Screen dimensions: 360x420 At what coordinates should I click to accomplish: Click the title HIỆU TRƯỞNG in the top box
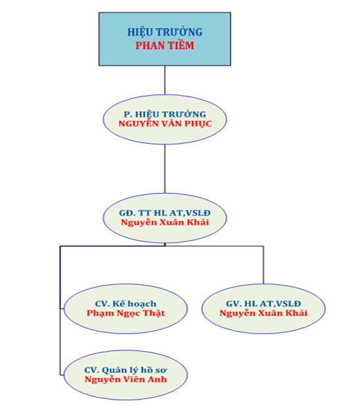click(165, 32)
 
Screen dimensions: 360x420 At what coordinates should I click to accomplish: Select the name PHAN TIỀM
click(165, 45)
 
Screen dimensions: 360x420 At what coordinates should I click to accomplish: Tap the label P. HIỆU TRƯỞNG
click(165, 114)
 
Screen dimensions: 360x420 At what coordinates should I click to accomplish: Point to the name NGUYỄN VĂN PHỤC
click(165, 123)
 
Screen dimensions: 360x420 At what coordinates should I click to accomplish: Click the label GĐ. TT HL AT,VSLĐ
click(165, 213)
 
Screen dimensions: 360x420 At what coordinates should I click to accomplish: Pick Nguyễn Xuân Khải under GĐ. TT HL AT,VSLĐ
click(165, 222)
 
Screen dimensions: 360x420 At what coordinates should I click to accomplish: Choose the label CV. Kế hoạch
click(125, 304)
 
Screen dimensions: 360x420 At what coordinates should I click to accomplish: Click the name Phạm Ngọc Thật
click(125, 313)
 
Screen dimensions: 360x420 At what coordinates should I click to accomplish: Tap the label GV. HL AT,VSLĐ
click(263, 304)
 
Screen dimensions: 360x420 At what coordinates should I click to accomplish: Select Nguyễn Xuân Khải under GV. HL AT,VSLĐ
click(263, 313)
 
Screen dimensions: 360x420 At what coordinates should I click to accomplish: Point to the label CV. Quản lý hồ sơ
click(125, 370)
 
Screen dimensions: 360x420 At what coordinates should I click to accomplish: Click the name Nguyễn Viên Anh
click(125, 379)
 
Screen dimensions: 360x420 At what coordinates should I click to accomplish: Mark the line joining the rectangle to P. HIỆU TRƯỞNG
click(165, 80)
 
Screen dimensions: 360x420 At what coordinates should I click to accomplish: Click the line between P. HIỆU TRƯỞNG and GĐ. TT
click(165, 169)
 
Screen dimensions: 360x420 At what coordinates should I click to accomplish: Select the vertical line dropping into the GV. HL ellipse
click(263, 265)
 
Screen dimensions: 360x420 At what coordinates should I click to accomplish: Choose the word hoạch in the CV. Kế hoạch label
click(142, 304)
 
